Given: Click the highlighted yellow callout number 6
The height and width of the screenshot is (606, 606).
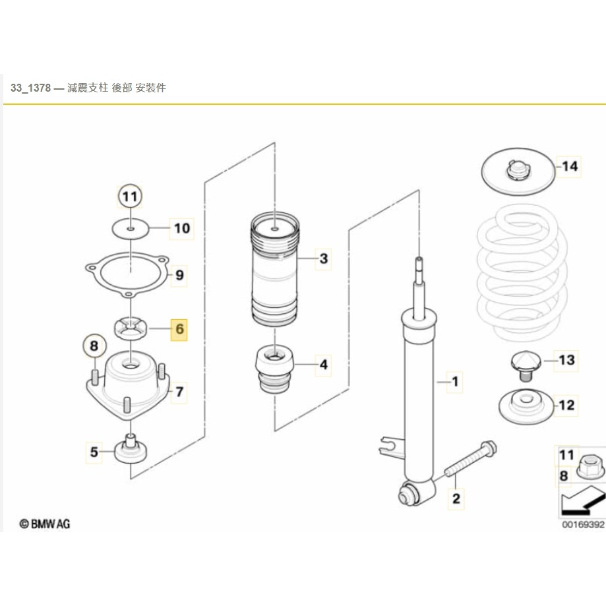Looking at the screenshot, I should click(x=179, y=328).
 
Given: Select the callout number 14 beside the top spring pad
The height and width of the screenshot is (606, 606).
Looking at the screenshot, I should click(x=570, y=166).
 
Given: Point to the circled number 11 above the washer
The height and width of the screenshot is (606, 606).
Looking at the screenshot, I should click(x=130, y=196).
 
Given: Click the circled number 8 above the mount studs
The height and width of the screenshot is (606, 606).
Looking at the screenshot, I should click(x=94, y=345).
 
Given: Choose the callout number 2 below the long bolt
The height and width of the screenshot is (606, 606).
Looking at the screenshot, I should click(x=456, y=498).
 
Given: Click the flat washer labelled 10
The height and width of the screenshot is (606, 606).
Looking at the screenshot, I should click(x=131, y=228).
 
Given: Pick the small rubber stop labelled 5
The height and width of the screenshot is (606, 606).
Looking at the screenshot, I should click(x=131, y=451).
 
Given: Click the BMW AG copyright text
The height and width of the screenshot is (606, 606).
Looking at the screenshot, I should click(x=45, y=524).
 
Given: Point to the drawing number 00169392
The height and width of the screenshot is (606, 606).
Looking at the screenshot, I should click(x=582, y=525).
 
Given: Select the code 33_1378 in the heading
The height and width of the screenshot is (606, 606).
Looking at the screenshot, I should click(x=30, y=88).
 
